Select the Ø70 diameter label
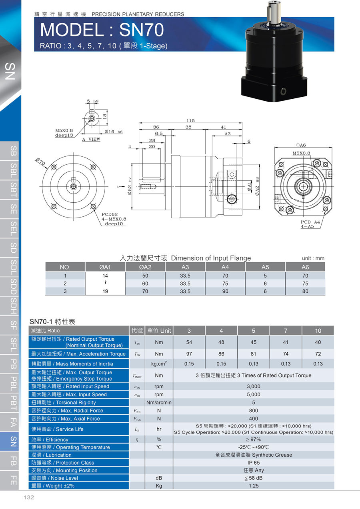point(40,162)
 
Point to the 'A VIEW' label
point(91,140)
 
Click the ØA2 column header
point(145,267)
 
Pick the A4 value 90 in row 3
point(225,291)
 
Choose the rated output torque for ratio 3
point(189,342)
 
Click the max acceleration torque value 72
point(318,354)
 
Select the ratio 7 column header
point(286,331)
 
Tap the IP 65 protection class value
point(253,463)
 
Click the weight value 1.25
point(253,486)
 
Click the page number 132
point(29,498)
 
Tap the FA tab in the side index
point(13,421)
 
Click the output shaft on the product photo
point(274,12)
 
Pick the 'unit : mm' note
point(314,258)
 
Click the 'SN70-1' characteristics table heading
point(52,321)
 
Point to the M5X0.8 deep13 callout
point(64,133)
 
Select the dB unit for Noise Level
point(159,478)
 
